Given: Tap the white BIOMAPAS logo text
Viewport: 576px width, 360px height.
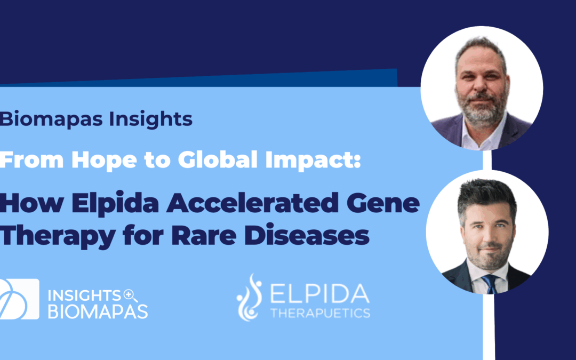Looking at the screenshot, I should tap(98, 312).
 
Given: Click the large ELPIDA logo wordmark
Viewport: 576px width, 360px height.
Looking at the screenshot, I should tap(320, 294).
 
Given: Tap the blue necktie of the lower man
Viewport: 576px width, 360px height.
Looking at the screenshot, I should tap(489, 283).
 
